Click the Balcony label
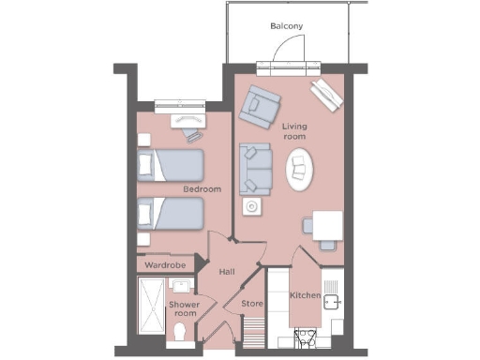click(286, 25)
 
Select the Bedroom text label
click(202, 189)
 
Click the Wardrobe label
click(166, 265)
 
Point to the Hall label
click(226, 272)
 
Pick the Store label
click(251, 304)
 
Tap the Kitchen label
click(306, 296)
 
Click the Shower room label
click(183, 309)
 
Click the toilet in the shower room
click(182, 333)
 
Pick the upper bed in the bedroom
click(172, 165)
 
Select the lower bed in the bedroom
click(172, 214)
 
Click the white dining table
click(327, 225)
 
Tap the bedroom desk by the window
click(188, 120)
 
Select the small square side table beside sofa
click(251, 207)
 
